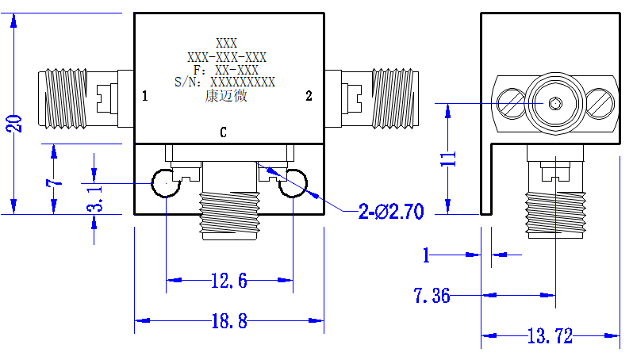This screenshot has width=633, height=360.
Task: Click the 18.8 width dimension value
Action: pos(229,321)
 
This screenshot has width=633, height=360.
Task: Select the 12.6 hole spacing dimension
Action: pos(229,281)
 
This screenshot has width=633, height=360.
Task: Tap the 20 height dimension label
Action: pos(14,124)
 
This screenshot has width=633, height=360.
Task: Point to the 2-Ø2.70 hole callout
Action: pos(391,212)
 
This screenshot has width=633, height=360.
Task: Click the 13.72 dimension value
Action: pos(550,335)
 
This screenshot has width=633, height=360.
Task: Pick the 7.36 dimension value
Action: pos(432,296)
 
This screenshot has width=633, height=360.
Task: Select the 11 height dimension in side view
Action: pos(448,159)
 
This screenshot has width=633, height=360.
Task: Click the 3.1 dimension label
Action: pos(95,198)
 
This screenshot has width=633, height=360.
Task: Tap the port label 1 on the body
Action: pos(145,96)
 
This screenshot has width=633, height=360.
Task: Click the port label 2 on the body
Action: pos(309,96)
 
